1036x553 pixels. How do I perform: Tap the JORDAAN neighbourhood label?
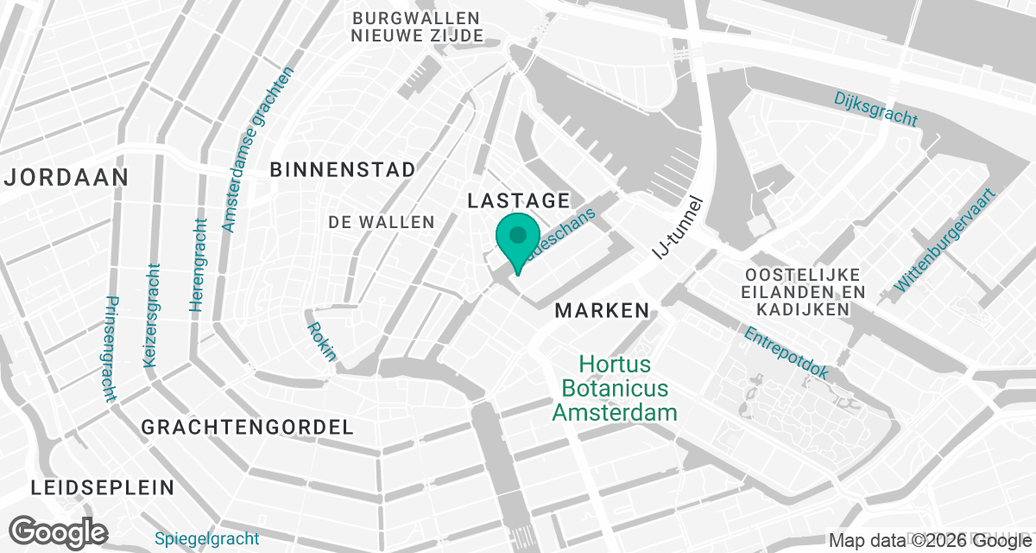[66, 178]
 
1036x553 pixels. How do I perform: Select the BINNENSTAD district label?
[343, 169]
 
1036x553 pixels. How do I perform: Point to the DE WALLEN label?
[381, 222]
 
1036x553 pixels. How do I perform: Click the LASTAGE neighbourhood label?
[518, 200]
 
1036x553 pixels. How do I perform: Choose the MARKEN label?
[602, 310]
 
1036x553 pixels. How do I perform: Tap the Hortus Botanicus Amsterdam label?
[614, 388]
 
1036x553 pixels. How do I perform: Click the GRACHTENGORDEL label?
[247, 427]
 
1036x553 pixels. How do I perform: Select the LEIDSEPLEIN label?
[103, 487]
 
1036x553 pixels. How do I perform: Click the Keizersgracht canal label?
[154, 315]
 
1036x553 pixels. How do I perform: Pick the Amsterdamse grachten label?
[258, 149]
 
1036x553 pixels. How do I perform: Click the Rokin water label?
[321, 341]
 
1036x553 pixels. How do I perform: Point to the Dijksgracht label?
[875, 109]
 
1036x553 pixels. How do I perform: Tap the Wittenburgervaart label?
[945, 239]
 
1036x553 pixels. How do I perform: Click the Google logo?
[58, 531]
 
